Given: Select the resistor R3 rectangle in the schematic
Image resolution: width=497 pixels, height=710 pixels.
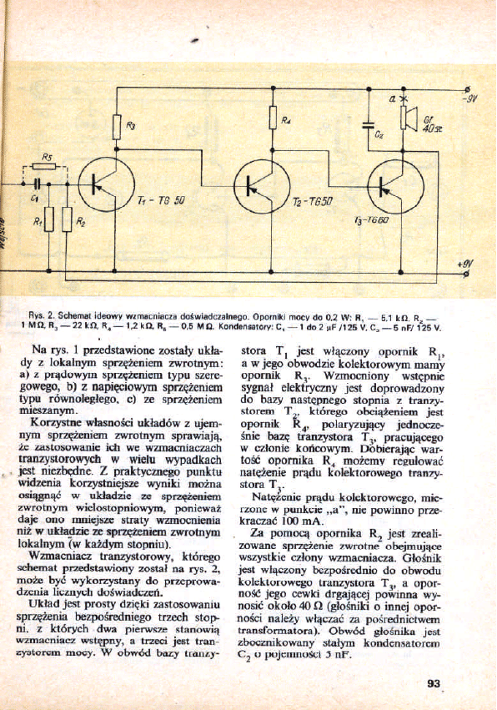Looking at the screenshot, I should [118, 126].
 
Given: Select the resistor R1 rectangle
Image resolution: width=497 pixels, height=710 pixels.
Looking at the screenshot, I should [48, 221].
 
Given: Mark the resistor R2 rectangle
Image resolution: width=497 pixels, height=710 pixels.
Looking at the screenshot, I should [67, 221].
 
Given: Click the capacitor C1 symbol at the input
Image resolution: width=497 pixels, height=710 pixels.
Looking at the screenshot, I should [37, 186].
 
